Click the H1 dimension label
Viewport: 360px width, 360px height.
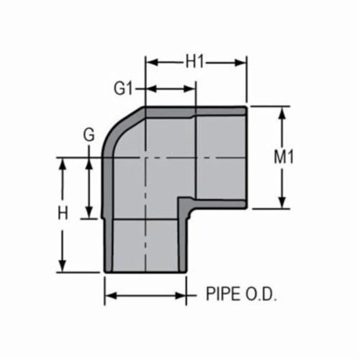(x=195, y=62)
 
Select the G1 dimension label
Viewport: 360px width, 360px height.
(x=123, y=89)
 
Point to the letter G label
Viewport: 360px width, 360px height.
(x=89, y=136)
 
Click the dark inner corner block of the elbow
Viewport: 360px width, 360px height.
(x=184, y=206)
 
